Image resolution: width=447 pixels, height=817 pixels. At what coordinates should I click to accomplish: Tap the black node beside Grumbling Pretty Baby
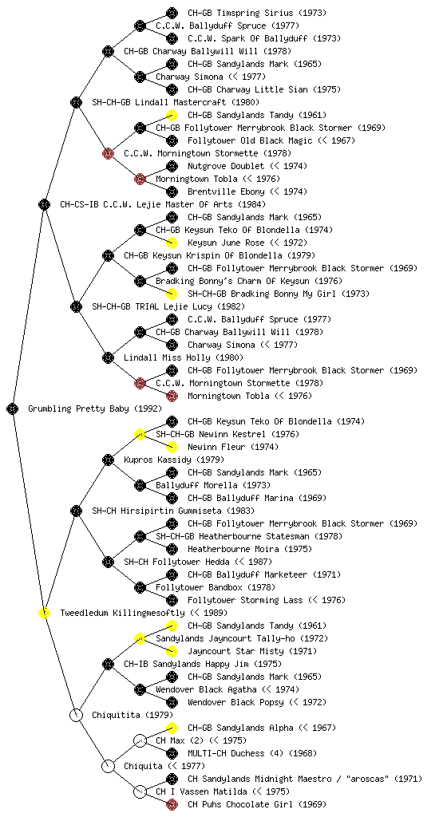tap(13, 408)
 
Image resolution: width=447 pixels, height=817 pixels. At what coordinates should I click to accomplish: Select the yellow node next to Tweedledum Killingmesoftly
tap(44, 613)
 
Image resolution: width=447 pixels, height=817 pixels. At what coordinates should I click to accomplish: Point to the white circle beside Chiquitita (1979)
tap(76, 715)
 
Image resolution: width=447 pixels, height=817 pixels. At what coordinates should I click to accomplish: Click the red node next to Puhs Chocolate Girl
tap(172, 804)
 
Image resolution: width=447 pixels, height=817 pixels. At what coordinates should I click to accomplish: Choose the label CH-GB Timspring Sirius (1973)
tap(257, 13)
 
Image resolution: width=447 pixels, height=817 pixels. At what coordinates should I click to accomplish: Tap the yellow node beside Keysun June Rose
tap(172, 243)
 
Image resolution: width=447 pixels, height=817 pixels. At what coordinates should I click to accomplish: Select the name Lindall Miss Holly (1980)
tap(184, 357)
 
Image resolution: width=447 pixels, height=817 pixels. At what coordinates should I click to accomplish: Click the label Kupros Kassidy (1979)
tap(174, 460)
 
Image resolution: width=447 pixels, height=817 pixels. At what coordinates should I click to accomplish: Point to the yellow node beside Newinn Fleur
tap(172, 447)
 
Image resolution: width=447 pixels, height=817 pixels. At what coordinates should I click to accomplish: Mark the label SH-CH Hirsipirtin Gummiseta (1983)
tap(173, 511)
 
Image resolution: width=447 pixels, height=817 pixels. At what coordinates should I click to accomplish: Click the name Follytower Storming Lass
tap(245, 600)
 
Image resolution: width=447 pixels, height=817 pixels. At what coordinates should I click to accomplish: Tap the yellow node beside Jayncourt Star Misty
tap(172, 651)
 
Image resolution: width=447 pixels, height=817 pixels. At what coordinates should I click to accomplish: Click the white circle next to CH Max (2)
tap(140, 740)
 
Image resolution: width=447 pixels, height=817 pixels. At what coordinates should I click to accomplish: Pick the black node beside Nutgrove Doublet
tap(172, 166)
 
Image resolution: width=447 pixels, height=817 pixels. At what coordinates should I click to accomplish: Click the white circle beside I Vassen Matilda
tap(140, 791)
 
